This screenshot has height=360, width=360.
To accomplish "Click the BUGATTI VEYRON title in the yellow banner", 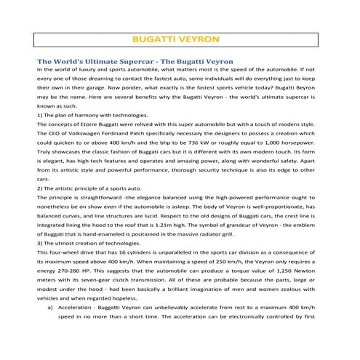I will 180,39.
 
